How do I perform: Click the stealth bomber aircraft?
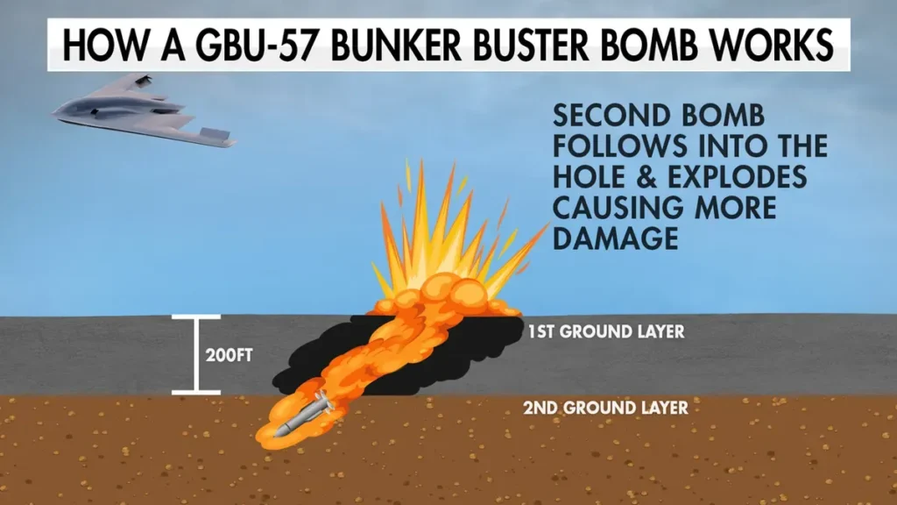tap(143, 111)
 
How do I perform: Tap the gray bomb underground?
tap(304, 414)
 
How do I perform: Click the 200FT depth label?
tap(229, 356)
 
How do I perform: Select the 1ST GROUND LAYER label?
tap(606, 331)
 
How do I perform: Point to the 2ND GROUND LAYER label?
tap(606, 408)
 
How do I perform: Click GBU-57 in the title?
tap(256, 45)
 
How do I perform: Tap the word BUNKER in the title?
tap(395, 45)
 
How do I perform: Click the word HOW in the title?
tap(105, 45)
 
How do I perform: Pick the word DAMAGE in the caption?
tap(616, 238)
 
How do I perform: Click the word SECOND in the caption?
tap(611, 116)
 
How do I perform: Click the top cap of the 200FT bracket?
tap(196, 317)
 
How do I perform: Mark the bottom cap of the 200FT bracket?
tap(196, 392)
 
